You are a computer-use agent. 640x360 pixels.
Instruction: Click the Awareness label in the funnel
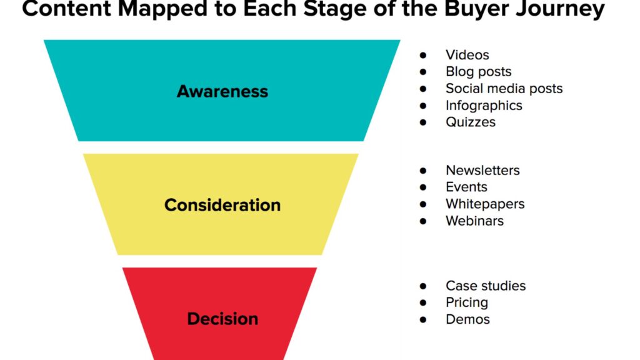[x=222, y=91]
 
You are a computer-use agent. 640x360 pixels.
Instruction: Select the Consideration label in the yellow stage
[x=222, y=205]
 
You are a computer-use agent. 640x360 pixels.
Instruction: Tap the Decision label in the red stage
[x=222, y=319]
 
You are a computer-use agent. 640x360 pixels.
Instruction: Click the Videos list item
[x=467, y=55]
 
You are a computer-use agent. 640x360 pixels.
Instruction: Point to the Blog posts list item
[x=478, y=72]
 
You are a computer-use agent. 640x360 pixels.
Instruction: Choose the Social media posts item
[x=504, y=89]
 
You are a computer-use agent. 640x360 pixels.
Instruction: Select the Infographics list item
[x=484, y=106]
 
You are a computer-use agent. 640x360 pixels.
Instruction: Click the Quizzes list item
[x=470, y=122]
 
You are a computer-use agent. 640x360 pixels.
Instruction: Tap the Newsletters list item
[x=482, y=170]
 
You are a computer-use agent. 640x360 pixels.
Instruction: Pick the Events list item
[x=466, y=187]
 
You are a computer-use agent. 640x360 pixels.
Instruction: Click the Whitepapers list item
[x=485, y=204]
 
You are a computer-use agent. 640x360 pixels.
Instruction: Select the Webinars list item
[x=474, y=221]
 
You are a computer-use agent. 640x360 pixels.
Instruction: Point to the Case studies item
[x=486, y=286]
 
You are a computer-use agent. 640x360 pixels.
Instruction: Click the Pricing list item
[x=466, y=302]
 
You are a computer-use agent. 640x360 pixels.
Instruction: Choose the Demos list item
[x=467, y=319]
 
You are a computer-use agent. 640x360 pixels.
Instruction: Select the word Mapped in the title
[x=156, y=9]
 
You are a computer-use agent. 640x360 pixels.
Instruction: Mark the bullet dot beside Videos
[x=423, y=56]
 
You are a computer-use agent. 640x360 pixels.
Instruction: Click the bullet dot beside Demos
[x=423, y=320]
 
